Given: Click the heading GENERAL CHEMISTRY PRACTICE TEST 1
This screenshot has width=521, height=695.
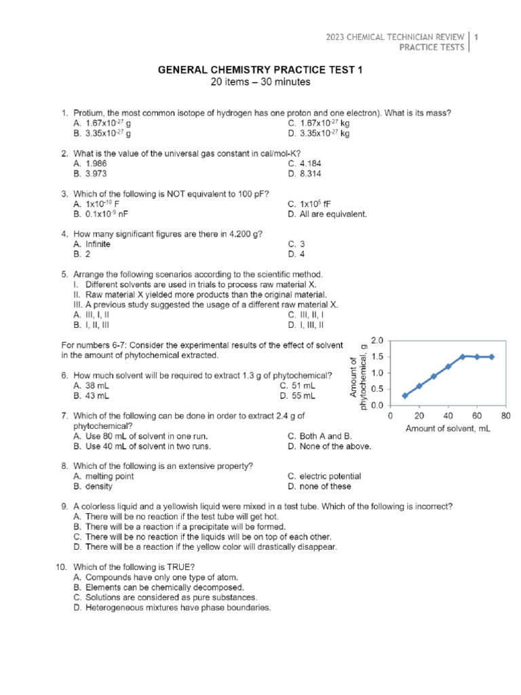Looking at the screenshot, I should [x=261, y=70].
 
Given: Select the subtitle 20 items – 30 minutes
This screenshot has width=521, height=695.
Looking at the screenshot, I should [x=261, y=82].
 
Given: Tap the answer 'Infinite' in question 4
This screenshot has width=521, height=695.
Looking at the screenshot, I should [x=98, y=244].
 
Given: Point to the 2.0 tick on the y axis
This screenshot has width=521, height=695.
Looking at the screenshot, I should [x=377, y=340].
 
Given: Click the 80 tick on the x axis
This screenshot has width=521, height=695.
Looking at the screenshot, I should [x=505, y=415].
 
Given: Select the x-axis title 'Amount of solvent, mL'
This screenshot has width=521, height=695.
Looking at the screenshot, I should [x=448, y=428].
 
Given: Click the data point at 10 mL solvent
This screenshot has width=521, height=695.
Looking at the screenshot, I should [x=405, y=396].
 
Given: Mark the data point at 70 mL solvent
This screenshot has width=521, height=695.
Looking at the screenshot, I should [x=491, y=356].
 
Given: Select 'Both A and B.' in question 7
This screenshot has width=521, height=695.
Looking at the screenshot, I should [x=320, y=436].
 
